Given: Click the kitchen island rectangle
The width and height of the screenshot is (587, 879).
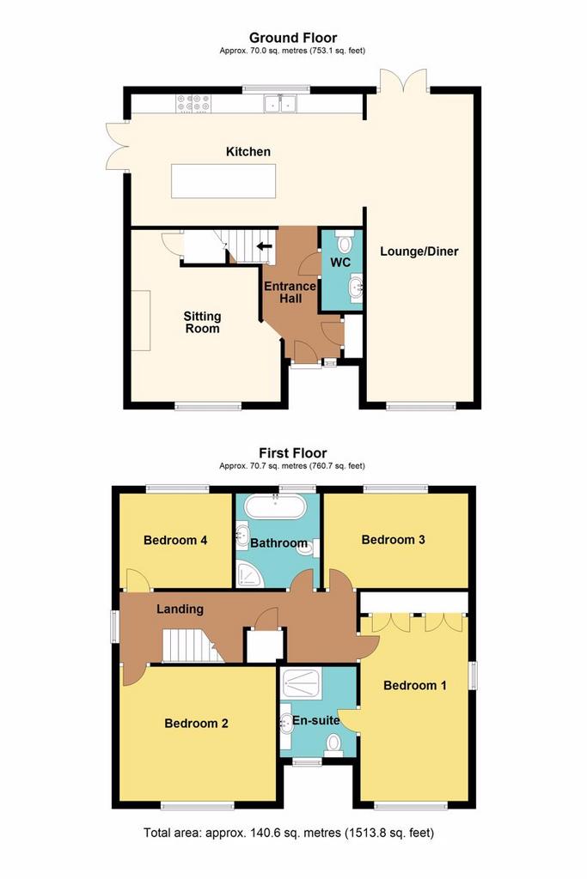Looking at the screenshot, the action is coord(223,180).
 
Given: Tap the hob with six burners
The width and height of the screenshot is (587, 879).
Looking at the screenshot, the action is coord(193,103).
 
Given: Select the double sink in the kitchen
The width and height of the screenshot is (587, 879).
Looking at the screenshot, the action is coord(280,103).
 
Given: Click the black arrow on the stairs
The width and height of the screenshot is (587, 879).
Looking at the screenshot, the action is coord(264,246).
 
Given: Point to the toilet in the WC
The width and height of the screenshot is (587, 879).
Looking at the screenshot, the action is coord(344,241).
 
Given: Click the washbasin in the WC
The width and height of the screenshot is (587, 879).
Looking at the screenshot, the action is coord(355,288).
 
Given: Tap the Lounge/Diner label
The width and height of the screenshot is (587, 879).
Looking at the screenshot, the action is coord(419,252).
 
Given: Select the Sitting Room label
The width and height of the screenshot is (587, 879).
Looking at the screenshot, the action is coord(202,323).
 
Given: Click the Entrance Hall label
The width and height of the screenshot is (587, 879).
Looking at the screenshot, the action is coord(290,293).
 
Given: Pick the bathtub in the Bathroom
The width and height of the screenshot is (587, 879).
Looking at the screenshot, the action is coord(276,506).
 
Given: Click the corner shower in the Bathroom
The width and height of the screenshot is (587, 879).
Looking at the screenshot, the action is coord(249,574).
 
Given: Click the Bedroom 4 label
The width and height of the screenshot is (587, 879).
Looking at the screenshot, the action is coord(175,541).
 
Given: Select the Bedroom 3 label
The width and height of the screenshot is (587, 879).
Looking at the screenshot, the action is coord(394,540).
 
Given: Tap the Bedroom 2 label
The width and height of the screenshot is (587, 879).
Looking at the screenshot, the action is coord(197,723).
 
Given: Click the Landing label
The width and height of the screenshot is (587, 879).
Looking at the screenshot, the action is coord(180,609).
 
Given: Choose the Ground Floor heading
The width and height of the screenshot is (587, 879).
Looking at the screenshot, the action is coord(293,38).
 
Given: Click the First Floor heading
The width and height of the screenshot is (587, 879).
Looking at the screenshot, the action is coord(293,453).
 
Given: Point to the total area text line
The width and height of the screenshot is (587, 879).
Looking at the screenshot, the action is coord(289,833).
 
